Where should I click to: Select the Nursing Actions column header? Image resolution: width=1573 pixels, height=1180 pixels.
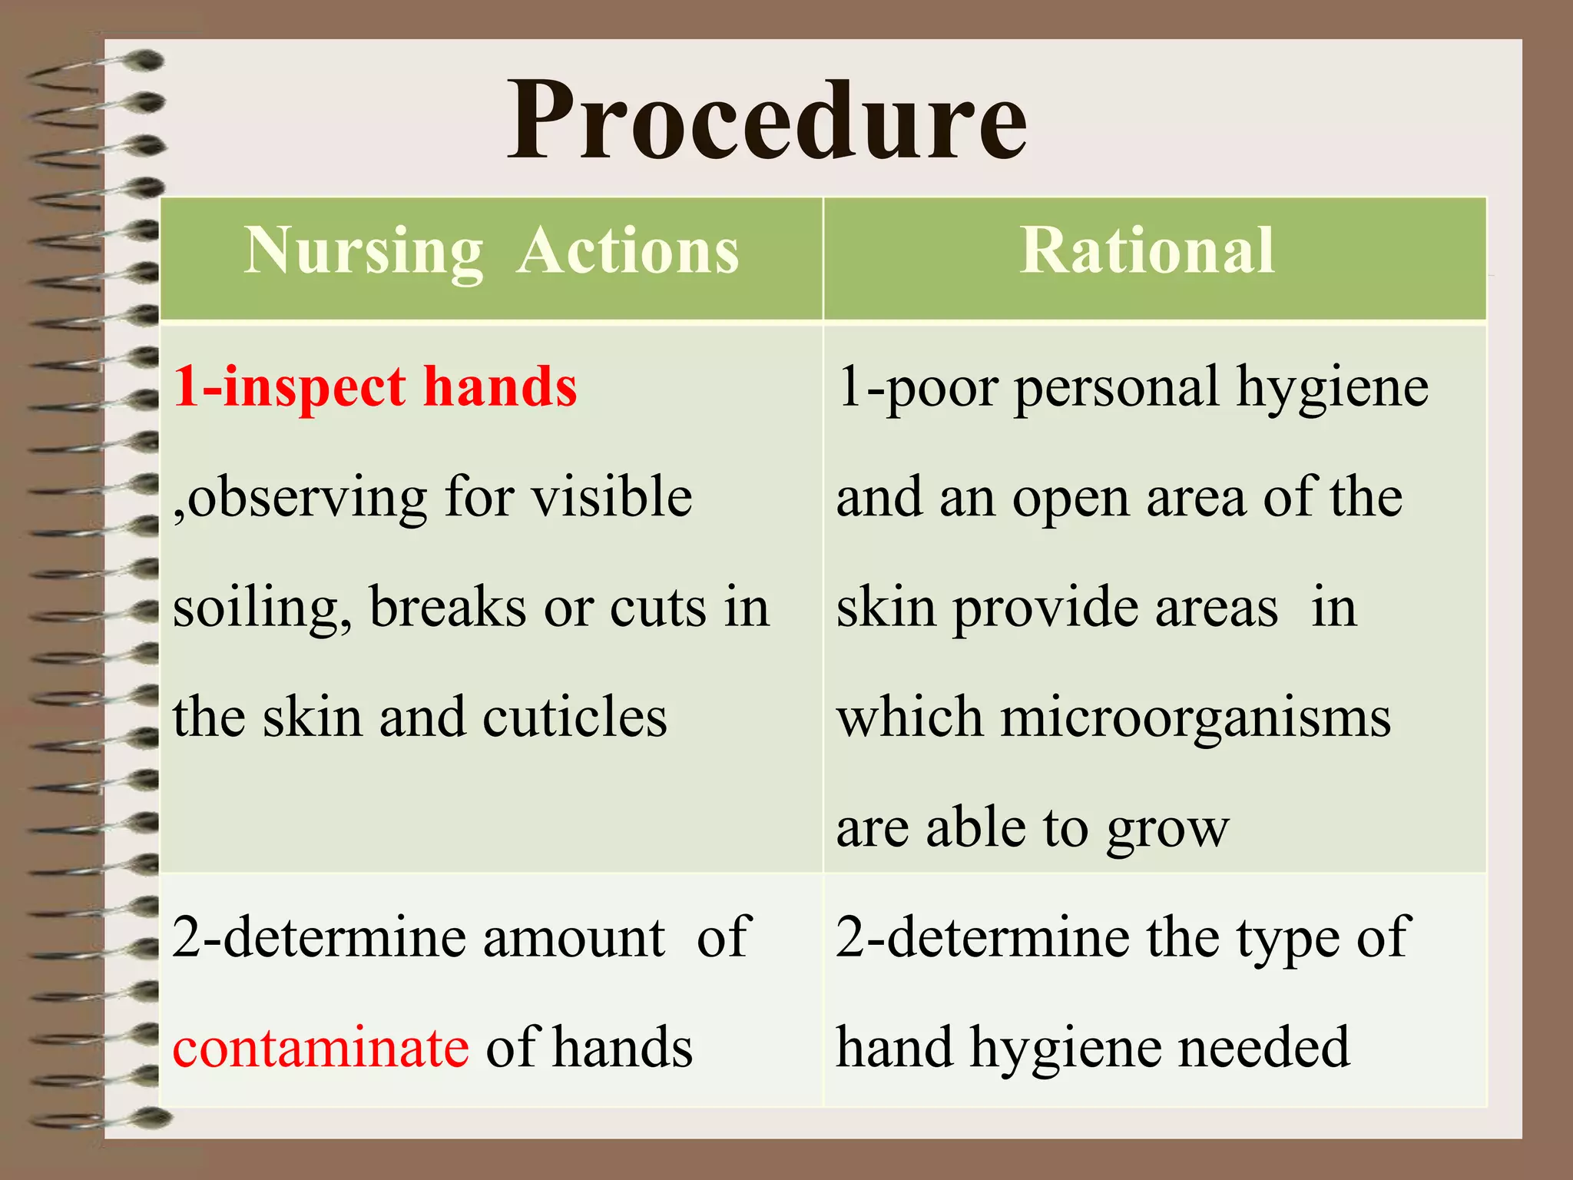tap(492, 250)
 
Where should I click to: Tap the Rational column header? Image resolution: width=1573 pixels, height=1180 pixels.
tap(1147, 250)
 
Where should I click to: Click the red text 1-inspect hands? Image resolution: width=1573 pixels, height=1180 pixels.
tap(375, 386)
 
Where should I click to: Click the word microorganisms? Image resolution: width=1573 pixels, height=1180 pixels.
tap(1195, 718)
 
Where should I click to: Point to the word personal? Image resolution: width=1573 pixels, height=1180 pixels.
tap(1118, 387)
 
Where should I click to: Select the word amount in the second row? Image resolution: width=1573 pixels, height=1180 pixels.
tap(574, 937)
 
